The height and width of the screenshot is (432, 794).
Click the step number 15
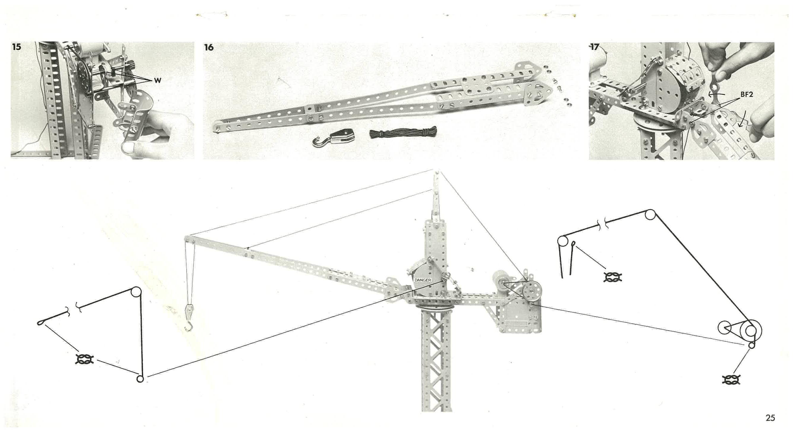tap(17, 47)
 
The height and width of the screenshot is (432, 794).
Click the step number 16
tap(209, 47)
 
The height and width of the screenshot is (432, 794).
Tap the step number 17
tap(594, 47)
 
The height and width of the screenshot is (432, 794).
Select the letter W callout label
tap(158, 81)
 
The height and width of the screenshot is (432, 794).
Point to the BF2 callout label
tap(747, 95)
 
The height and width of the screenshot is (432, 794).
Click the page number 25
tap(770, 418)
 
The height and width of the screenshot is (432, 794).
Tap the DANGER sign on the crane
tap(423, 280)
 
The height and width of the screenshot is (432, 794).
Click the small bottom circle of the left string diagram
tap(140, 379)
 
